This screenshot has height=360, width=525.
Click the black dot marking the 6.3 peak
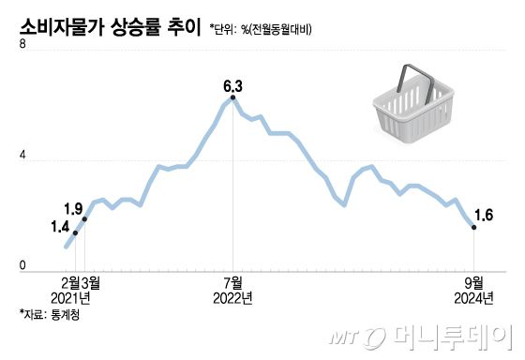[x=233, y=98]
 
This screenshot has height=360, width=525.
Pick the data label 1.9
[x=74, y=207]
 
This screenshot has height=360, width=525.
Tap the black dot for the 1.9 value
[x=85, y=218]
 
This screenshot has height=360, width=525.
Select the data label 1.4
[x=60, y=226]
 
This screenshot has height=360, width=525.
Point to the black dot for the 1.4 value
[x=75, y=232]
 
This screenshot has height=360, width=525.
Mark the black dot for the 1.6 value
[x=474, y=227]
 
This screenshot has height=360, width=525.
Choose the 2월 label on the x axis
[x=69, y=281]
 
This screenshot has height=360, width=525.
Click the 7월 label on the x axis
[x=233, y=281]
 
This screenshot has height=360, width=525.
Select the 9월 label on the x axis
[x=473, y=281]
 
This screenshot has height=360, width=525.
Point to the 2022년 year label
[x=233, y=297]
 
